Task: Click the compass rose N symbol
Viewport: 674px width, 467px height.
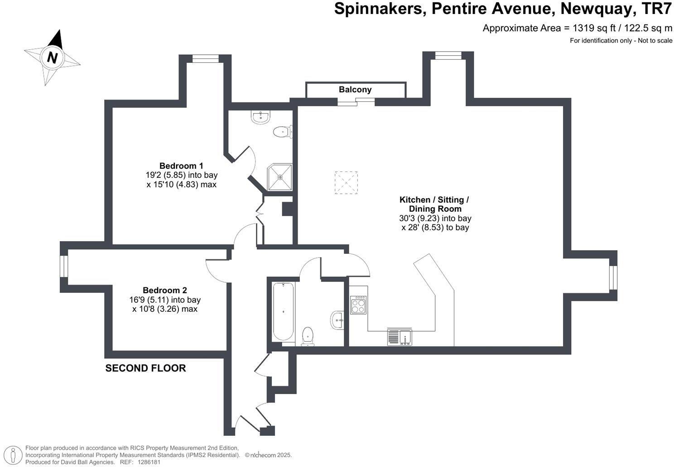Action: [53, 58]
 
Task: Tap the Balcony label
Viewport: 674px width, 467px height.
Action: [355, 90]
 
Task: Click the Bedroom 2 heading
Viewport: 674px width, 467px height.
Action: [165, 290]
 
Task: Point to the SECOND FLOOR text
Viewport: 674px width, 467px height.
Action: [145, 368]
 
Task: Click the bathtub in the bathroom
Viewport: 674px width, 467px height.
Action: [284, 312]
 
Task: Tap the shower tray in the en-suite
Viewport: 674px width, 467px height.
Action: [279, 177]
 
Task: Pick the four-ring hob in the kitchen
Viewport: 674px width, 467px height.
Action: [358, 305]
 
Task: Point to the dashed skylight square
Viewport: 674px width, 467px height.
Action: [346, 183]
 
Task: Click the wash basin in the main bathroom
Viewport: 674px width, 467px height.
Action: [337, 320]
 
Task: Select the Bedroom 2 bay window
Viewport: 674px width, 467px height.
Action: [64, 267]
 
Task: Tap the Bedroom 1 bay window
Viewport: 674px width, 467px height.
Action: [205, 58]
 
